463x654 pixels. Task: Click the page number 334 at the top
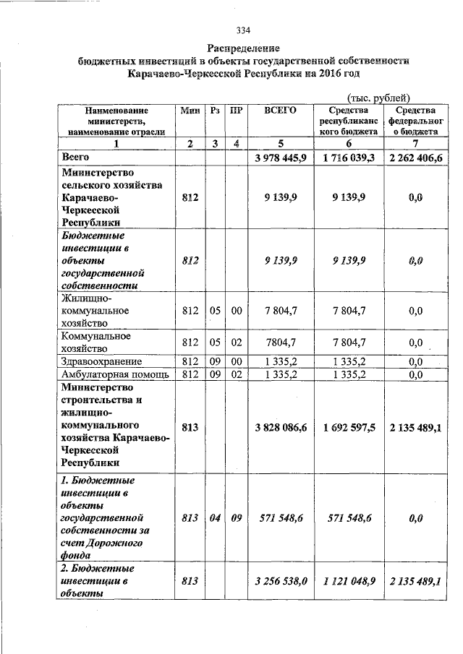coord(243,30)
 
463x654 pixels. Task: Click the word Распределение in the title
coord(243,48)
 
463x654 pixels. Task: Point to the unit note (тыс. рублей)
coord(378,98)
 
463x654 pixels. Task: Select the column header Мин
coord(190,111)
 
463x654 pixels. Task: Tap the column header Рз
coord(215,111)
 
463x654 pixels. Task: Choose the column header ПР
coord(235,111)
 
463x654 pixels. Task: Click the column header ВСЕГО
coord(280,111)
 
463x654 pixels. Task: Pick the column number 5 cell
coord(280,143)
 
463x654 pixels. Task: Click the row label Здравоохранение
coord(101,361)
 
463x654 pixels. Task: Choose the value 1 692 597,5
coord(349,428)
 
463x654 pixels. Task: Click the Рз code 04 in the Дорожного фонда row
coord(215,518)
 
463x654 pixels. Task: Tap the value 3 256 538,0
coord(281,580)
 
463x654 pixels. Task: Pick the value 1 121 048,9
coord(349,580)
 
